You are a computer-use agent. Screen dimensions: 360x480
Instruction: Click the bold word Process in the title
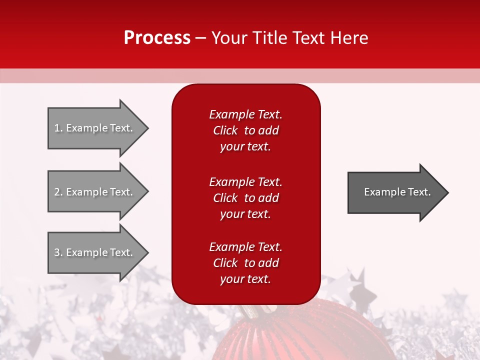click(157, 38)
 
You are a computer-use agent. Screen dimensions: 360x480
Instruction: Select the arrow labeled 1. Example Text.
click(95, 128)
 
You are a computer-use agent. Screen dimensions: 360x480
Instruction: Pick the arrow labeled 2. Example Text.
click(95, 192)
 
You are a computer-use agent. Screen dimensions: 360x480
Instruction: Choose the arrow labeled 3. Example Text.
click(95, 252)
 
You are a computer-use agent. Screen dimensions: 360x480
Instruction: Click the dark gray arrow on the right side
click(395, 192)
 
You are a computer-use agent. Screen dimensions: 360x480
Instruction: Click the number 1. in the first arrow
click(58, 128)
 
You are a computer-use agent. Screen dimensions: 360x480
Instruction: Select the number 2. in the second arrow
click(58, 192)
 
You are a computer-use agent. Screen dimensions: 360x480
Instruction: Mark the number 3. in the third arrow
click(58, 252)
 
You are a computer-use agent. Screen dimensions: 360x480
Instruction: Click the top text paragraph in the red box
click(245, 130)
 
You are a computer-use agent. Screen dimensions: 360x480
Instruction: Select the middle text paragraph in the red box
click(245, 197)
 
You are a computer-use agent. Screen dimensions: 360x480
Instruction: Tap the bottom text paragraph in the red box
click(245, 263)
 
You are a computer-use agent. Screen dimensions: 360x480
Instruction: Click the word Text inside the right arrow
click(419, 192)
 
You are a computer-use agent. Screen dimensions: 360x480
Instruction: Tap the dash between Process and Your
click(201, 38)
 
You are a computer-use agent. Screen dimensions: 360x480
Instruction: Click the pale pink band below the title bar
click(240, 75)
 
